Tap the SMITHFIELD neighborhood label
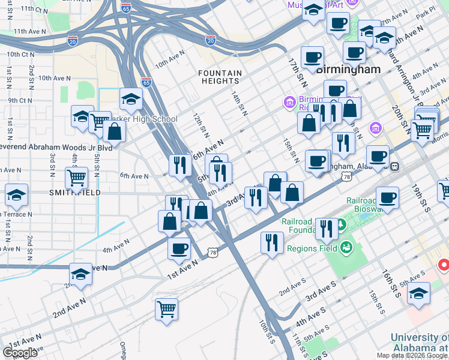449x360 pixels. (x=76, y=192)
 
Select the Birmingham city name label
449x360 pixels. (x=348, y=70)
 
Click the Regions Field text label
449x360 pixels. (x=310, y=248)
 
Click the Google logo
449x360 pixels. (x=20, y=353)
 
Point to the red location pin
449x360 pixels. (x=444, y=264)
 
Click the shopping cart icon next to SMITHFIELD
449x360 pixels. (x=77, y=178)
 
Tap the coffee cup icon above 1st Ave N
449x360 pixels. (x=179, y=248)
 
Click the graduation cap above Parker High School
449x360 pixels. (x=131, y=98)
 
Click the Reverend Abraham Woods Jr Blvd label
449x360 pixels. (x=56, y=148)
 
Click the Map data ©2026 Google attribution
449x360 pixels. (x=412, y=355)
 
